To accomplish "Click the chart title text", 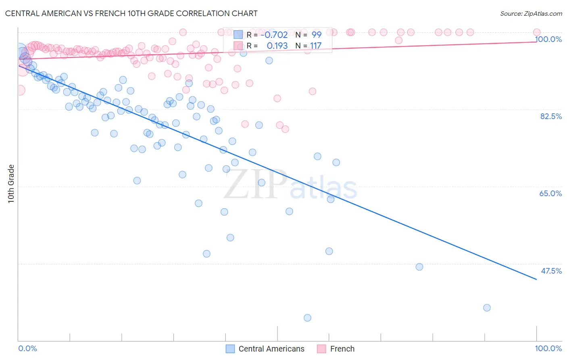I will coord(131,13).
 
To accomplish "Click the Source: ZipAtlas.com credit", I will coord(531,13).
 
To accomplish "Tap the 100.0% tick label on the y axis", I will coord(548,39).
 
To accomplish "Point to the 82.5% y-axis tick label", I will coord(551,116).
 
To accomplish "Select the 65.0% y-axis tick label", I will coord(550,193).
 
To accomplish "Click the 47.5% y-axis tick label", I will coord(551,271).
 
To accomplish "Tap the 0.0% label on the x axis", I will coord(27,348).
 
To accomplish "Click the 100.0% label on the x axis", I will coord(548,348).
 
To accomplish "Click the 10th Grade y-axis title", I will coord(11,184).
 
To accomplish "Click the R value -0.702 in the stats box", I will coord(274,35).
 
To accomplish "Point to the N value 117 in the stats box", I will coord(315,46).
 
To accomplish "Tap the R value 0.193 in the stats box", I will coord(277,46).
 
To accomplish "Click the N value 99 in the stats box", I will coord(316,35).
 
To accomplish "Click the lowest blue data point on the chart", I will coord(307,318).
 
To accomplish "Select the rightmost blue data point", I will coord(487,308).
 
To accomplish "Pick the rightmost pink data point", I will coord(536,32).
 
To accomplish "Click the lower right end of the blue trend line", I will coord(536,279).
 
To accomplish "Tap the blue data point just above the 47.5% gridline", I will coord(419,267).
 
